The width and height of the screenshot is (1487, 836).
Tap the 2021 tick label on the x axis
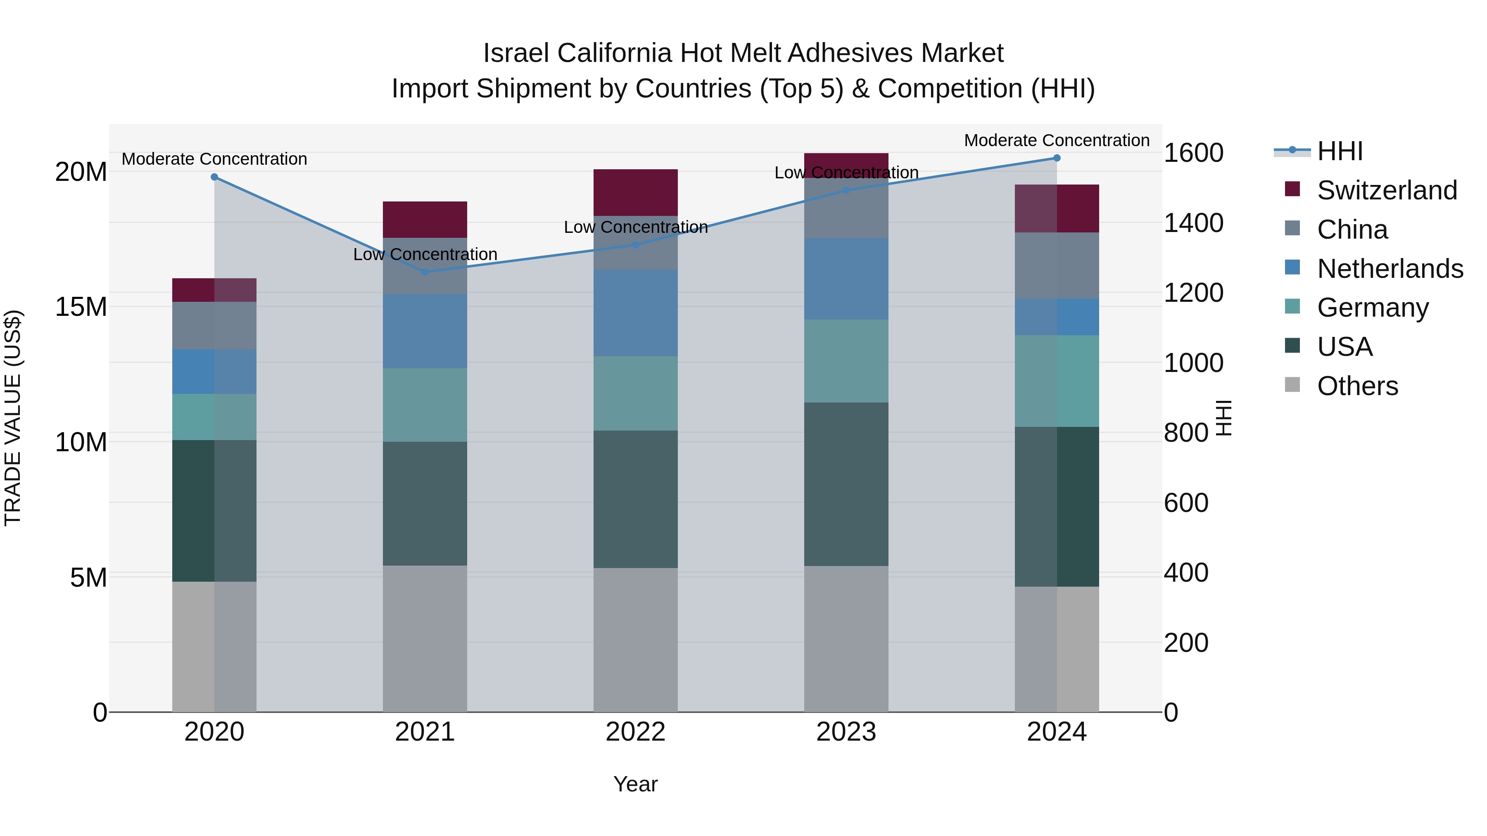click(x=425, y=732)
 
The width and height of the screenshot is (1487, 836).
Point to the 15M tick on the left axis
click(x=81, y=307)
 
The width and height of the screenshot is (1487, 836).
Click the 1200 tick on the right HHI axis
click(x=1192, y=293)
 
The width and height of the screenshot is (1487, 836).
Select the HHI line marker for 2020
click(x=214, y=177)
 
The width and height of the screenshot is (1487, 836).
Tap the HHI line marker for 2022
click(x=636, y=245)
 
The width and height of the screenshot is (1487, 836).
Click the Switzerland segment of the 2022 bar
click(x=636, y=192)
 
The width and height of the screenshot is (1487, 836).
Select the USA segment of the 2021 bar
click(x=425, y=503)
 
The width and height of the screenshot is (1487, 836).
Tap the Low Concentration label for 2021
click(x=425, y=254)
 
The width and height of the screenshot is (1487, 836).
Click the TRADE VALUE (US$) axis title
click(x=13, y=418)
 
